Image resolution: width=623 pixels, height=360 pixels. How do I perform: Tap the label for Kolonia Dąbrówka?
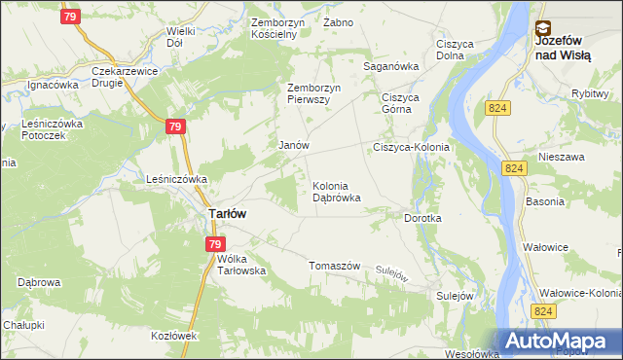click(337, 192)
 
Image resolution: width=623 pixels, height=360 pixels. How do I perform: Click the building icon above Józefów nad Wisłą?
click(542, 29)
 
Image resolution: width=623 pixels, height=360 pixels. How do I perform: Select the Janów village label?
click(294, 146)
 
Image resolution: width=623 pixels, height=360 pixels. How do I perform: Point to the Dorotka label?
click(423, 219)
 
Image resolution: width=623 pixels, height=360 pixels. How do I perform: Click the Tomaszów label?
click(335, 267)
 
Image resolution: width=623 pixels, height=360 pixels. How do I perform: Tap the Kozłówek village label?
click(175, 336)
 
